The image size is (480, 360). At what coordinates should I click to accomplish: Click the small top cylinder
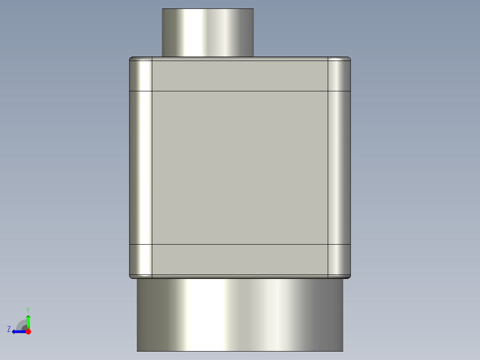point(207,33)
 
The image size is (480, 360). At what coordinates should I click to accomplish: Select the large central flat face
point(240,168)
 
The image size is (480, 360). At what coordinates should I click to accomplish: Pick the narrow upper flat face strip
point(240,74)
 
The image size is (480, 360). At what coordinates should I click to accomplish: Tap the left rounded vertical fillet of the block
point(141,168)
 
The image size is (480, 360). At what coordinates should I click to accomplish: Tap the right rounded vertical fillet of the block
point(339,168)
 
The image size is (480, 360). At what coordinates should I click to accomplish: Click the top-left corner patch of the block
point(141,74)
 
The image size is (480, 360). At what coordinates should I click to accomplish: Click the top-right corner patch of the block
point(339,74)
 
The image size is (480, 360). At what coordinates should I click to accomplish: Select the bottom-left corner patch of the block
point(141,260)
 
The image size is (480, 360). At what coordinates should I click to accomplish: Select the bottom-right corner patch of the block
point(339,260)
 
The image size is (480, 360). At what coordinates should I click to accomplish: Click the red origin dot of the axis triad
point(28,331)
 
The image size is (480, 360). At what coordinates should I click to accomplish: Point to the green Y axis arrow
point(28,321)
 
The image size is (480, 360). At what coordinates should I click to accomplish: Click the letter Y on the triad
point(28,309)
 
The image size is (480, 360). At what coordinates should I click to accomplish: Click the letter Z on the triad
point(9,329)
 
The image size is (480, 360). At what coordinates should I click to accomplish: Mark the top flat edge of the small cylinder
point(207,9)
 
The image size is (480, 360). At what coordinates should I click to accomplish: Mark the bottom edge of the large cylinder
point(240,351)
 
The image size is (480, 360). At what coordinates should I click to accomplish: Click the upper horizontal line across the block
point(240,91)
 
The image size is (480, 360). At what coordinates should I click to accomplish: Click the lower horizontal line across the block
point(240,244)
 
